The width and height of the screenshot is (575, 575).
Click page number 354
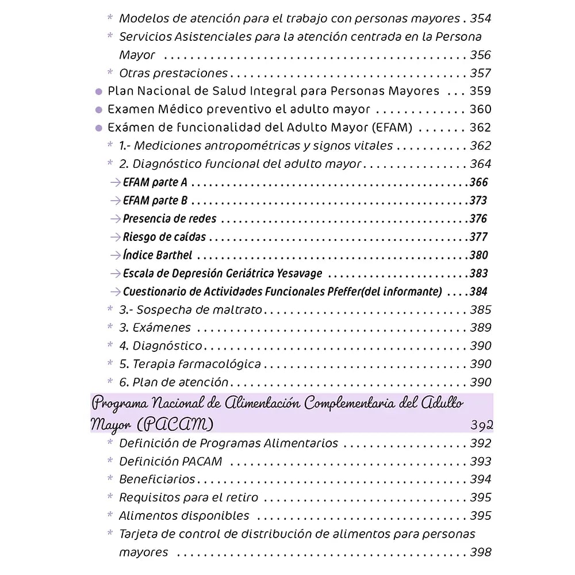(x=481, y=18)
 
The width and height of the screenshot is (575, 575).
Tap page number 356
(x=481, y=55)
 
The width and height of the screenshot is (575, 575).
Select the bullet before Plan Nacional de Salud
(x=98, y=91)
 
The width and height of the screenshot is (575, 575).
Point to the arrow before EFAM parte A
(x=115, y=183)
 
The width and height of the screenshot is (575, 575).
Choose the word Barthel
(x=174, y=255)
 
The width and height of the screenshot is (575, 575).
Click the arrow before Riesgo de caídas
(x=115, y=237)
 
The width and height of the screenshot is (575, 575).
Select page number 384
(x=478, y=292)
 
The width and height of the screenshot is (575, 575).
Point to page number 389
(x=481, y=328)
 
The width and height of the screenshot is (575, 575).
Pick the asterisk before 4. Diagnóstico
(x=110, y=346)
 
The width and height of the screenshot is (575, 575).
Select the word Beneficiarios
(x=157, y=479)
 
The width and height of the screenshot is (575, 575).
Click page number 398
(x=481, y=552)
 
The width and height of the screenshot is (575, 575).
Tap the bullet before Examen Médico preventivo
(x=98, y=110)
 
